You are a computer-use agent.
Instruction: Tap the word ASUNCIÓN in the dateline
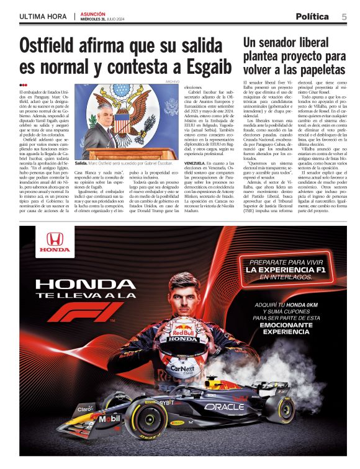92,14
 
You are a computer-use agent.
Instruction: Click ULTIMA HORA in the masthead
43,17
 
